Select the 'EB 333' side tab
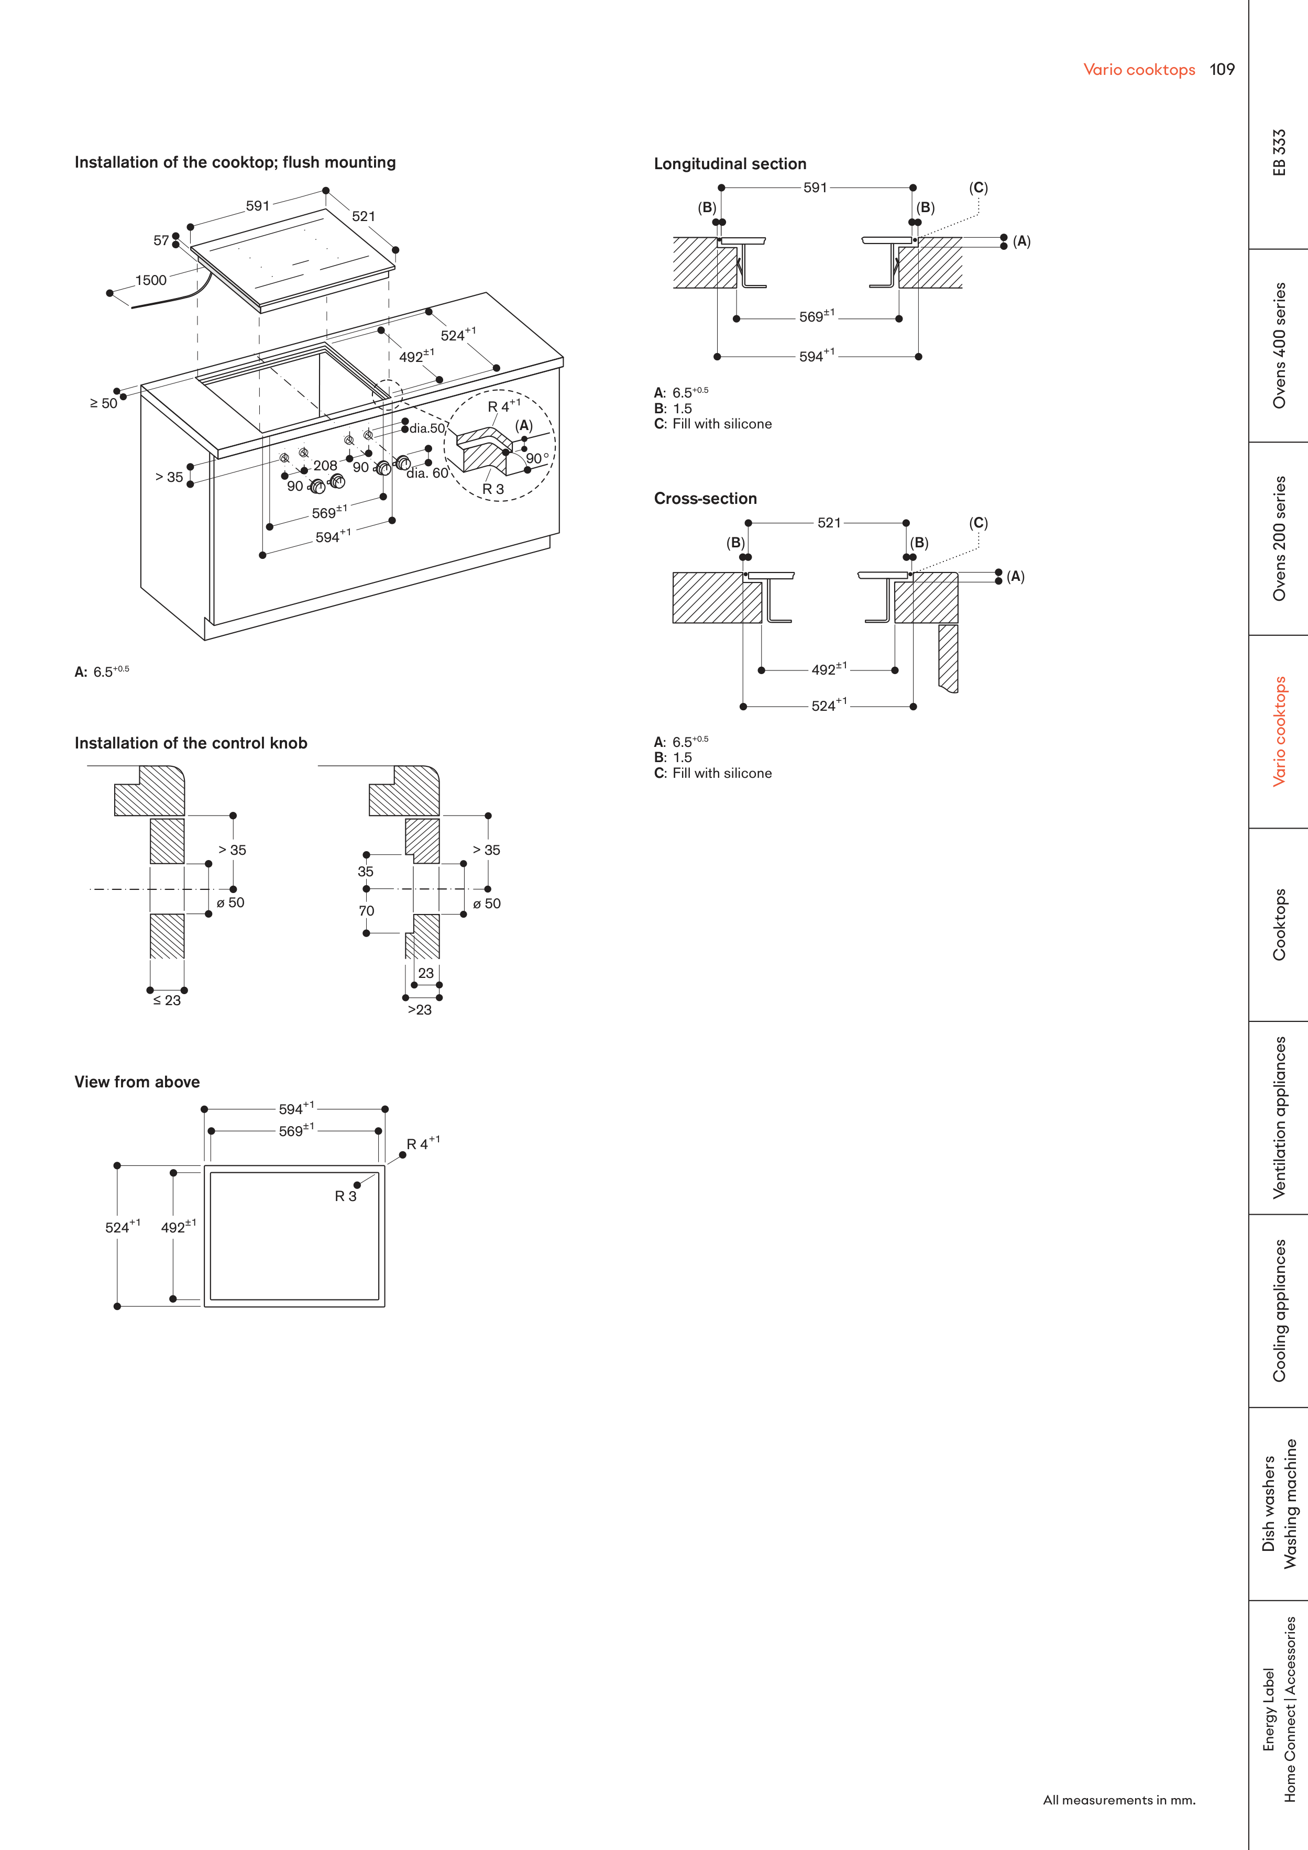[1279, 152]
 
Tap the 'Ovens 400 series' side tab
[1279, 345]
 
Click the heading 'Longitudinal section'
[729, 163]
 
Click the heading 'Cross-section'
[705, 499]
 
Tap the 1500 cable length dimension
[151, 280]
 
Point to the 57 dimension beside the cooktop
[161, 240]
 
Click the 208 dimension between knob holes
[325, 465]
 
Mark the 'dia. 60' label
[427, 473]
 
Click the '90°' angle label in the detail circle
[537, 458]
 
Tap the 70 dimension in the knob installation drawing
[366, 910]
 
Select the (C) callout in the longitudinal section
[977, 188]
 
